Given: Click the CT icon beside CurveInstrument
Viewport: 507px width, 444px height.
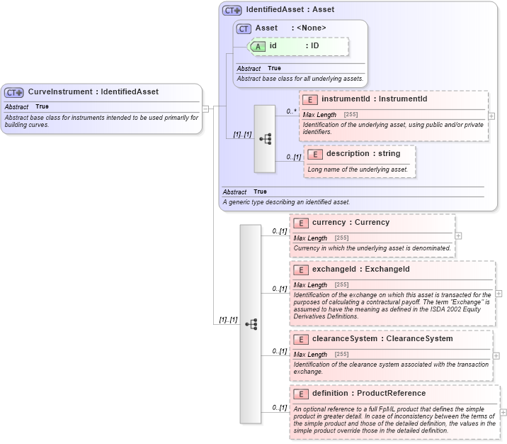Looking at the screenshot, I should (14, 92).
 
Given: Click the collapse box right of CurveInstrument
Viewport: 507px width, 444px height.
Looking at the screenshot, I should (205, 109).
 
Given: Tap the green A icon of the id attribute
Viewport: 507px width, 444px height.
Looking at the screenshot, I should (259, 46).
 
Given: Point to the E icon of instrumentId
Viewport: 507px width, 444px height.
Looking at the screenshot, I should (311, 99).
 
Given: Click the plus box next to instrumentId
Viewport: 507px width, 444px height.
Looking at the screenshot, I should (491, 116).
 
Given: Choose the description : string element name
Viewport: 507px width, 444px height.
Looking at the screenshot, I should (363, 154).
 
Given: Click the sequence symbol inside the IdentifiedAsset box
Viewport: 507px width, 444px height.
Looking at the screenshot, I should (265, 139).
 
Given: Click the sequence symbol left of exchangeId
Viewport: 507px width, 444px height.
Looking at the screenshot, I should (251, 324).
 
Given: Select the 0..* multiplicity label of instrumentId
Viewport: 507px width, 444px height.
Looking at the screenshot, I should (291, 111).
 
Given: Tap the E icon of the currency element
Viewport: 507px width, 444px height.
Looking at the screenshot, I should (302, 223).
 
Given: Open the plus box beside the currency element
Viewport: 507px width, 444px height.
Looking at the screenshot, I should (458, 235).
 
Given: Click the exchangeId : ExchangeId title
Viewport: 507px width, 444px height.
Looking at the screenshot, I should (360, 270).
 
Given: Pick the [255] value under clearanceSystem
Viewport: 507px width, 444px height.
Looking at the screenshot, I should (341, 354).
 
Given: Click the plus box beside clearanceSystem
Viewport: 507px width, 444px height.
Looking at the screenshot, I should (496, 355).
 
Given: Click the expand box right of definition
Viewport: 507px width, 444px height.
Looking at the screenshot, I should (503, 411).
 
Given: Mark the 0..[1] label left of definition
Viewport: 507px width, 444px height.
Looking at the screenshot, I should (280, 408).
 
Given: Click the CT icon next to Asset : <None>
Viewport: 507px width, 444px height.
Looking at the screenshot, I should (244, 28).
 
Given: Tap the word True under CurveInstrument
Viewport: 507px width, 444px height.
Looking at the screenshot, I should (42, 106).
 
